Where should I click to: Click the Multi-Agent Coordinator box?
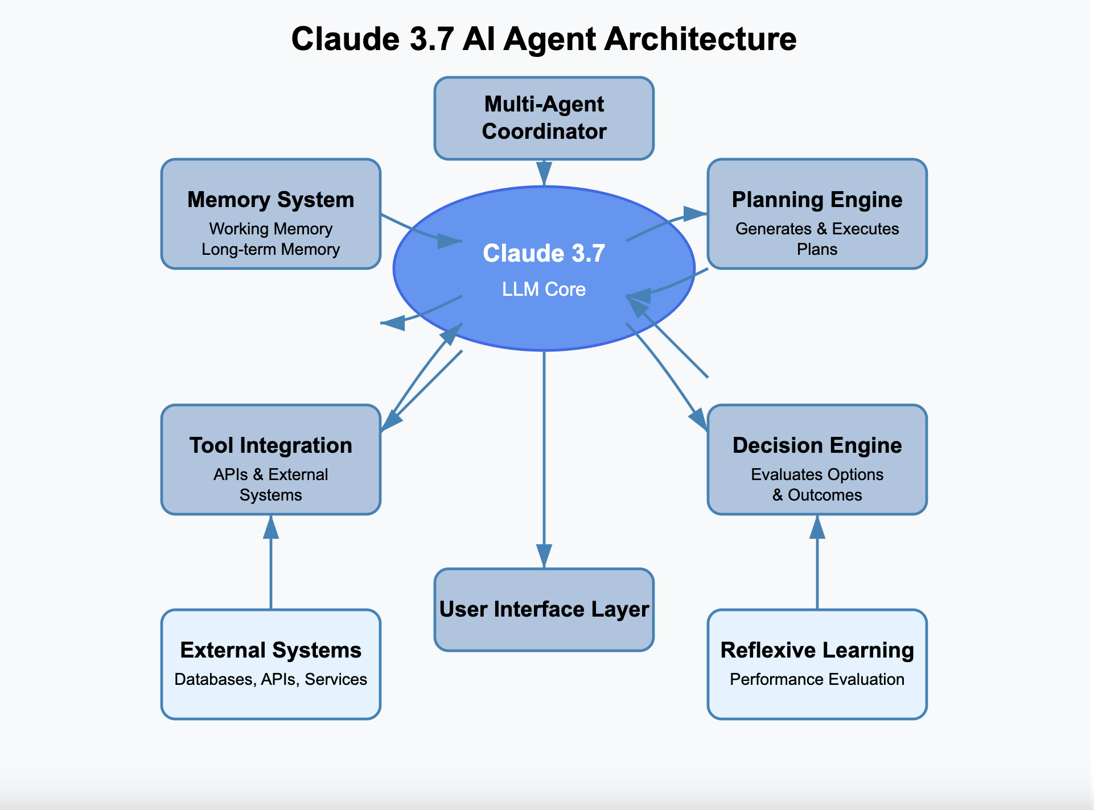pos(544,118)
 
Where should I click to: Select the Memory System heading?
pos(271,200)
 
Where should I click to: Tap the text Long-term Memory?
pos(271,249)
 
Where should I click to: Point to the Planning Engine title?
pos(817,200)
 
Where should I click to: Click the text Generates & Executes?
pos(817,229)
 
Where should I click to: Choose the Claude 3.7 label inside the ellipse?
pos(544,253)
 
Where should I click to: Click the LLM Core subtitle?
pos(544,289)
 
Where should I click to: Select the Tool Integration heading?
pos(271,445)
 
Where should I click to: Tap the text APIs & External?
pos(271,474)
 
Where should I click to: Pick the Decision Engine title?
pos(817,445)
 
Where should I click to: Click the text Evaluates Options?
pos(817,474)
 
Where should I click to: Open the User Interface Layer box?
pos(544,610)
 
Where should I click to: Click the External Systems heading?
pos(271,650)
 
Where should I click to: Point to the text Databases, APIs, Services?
pos(271,679)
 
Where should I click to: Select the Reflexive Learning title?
pos(817,650)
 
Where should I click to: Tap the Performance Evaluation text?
pos(817,679)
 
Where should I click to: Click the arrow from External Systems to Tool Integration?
pos(271,563)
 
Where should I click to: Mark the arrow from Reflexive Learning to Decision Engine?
pos(817,563)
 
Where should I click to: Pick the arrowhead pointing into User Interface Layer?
pos(544,556)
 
